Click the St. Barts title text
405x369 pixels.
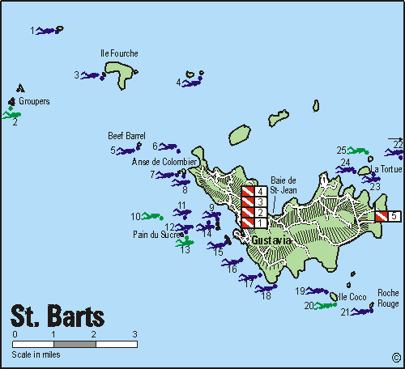coord(57,314)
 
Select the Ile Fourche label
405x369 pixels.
coord(119,53)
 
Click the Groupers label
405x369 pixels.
coord(34,102)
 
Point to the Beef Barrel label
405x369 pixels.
coord(126,136)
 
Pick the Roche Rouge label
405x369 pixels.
coord(388,299)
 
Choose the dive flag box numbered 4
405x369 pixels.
coord(254,192)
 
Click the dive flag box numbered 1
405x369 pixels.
coord(254,223)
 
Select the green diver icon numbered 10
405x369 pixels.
coord(151,216)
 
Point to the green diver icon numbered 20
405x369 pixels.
coord(325,305)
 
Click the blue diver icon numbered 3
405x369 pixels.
coord(92,75)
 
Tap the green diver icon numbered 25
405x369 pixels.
coord(357,151)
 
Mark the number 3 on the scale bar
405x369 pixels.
coord(134,334)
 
